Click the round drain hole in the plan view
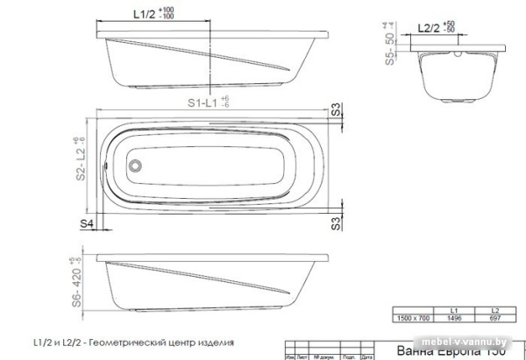tap(136, 163)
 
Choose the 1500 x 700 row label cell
tap(413, 318)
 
